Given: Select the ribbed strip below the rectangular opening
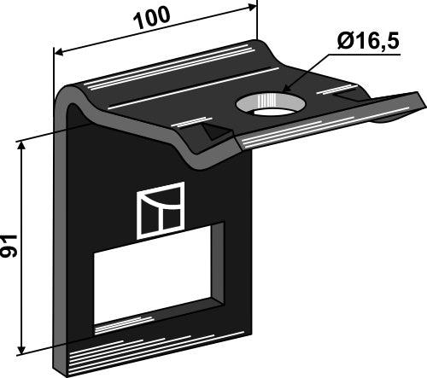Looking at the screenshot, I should tap(154, 346).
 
